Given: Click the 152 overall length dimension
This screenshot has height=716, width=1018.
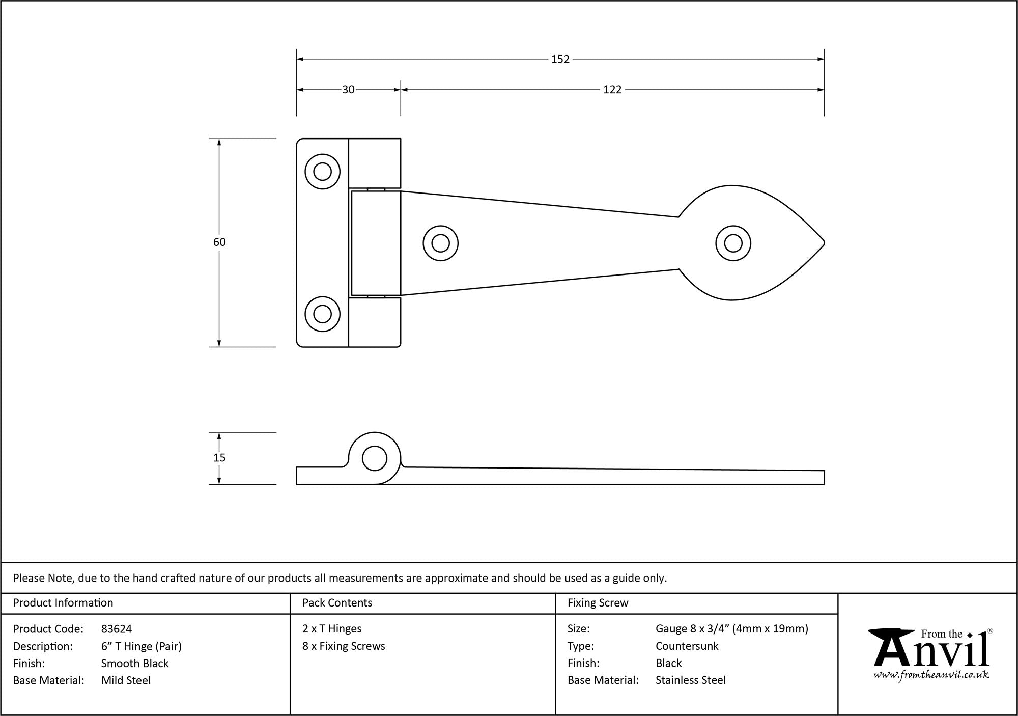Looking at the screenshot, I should click(560, 59).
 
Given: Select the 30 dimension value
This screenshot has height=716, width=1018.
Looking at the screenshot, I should click(348, 90).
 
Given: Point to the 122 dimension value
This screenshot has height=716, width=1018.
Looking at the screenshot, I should click(612, 90).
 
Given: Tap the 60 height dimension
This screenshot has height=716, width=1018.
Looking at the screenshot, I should click(219, 242).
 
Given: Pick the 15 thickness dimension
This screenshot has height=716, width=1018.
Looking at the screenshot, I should click(219, 458).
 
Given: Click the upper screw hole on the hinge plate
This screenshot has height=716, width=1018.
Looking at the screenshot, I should click(322, 172).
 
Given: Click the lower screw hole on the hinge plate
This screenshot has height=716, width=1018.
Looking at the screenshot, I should click(322, 314).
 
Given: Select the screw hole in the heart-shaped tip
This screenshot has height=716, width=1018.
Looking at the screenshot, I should click(733, 243).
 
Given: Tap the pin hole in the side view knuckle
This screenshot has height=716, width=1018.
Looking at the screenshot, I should click(374, 458).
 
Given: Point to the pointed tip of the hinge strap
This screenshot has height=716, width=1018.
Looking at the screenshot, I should click(823, 243).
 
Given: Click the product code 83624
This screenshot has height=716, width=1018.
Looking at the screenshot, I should click(117, 629).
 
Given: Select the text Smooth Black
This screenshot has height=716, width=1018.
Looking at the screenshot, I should click(135, 663).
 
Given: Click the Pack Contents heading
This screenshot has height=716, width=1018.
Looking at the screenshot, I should click(337, 603).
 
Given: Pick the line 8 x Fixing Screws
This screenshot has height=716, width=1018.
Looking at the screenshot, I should click(344, 646).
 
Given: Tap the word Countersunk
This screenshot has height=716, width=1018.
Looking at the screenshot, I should click(687, 646).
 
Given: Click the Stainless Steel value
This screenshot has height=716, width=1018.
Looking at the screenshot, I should click(691, 680).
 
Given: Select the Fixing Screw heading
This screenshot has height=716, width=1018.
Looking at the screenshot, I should click(598, 603).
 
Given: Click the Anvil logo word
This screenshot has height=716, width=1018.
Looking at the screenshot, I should click(931, 653).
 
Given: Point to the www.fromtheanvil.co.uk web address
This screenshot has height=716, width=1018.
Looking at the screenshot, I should click(931, 675).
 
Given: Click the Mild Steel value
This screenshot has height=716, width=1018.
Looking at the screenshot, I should click(126, 680).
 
